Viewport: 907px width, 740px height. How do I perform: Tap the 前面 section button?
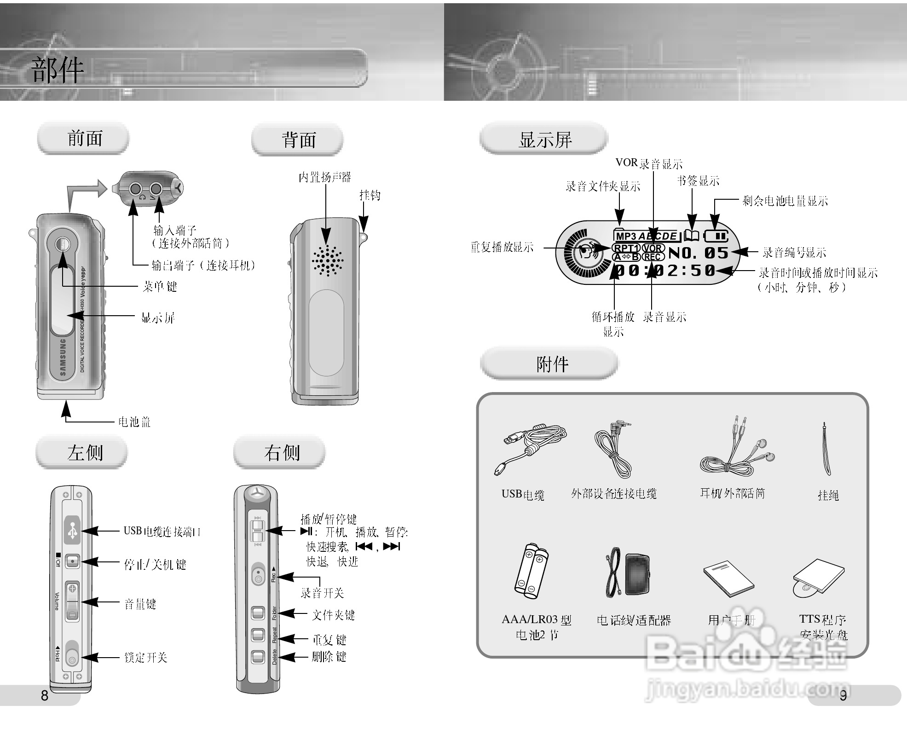[84, 138]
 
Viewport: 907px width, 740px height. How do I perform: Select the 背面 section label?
[298, 139]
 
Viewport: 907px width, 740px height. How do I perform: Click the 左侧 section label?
[84, 452]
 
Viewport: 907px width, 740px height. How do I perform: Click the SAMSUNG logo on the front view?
[63, 358]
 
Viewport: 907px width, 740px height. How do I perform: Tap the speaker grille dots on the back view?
[328, 260]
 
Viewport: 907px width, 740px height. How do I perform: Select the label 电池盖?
[134, 422]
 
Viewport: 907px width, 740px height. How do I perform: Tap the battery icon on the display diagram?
[716, 236]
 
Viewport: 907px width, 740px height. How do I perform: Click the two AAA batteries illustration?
[531, 571]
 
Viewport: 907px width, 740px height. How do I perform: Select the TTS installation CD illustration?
[818, 578]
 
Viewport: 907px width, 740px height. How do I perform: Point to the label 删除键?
[329, 656]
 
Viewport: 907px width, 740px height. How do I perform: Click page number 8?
[44, 695]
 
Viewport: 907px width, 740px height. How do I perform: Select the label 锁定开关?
[145, 657]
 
